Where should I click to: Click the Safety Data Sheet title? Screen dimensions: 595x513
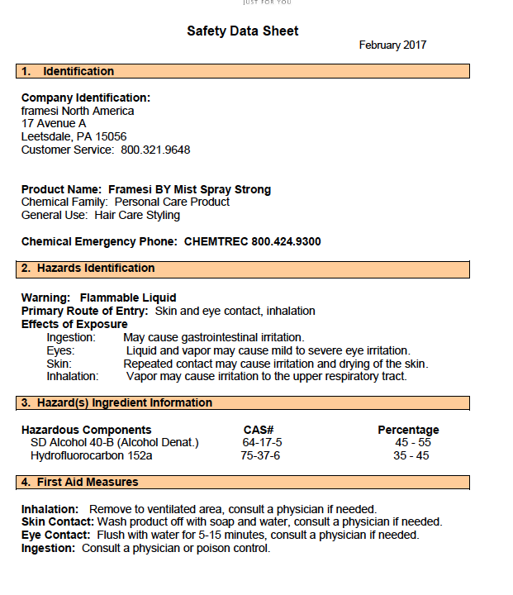[242, 31]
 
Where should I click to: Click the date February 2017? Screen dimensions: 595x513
[392, 45]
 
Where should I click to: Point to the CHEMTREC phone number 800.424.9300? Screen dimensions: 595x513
[252, 241]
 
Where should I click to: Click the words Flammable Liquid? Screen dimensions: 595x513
[128, 297]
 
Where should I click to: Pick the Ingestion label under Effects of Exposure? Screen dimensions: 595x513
[71, 337]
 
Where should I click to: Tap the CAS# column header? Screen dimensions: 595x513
[259, 430]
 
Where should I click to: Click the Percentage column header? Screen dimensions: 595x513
[408, 430]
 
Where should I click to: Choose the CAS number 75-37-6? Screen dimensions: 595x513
[260, 455]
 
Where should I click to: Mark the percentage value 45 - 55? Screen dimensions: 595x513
[412, 442]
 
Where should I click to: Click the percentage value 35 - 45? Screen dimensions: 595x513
[411, 455]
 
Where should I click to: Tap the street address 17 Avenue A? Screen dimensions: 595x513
[54, 123]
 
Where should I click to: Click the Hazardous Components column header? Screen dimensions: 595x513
[86, 430]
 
